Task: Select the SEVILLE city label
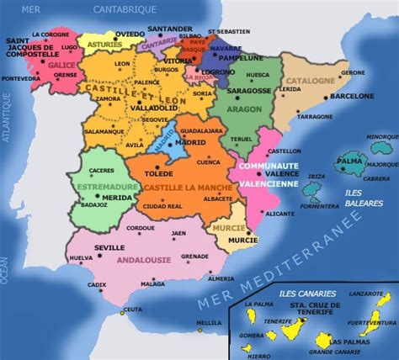pyautogui.click(x=109, y=247)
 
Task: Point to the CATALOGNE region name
pyautogui.click(x=311, y=81)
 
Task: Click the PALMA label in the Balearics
pyautogui.click(x=348, y=161)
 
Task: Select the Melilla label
pyautogui.click(x=208, y=323)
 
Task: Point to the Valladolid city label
pyautogui.click(x=154, y=108)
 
